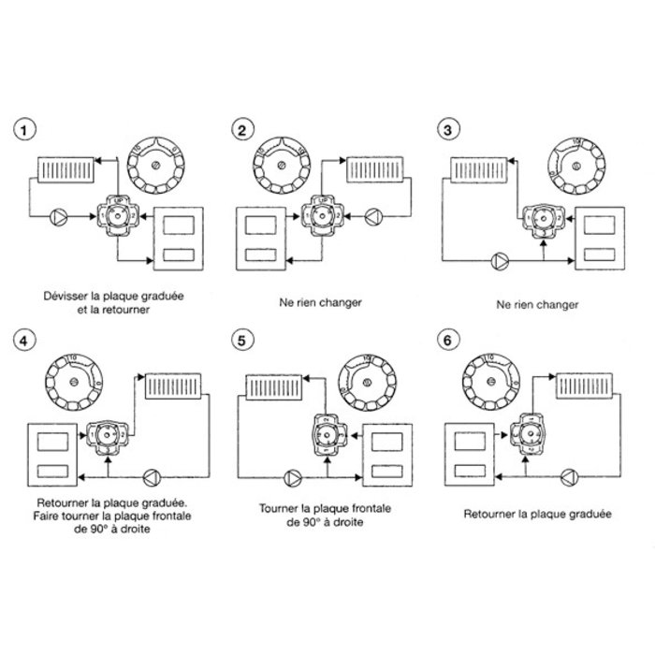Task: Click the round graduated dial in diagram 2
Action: pyautogui.click(x=282, y=167)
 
